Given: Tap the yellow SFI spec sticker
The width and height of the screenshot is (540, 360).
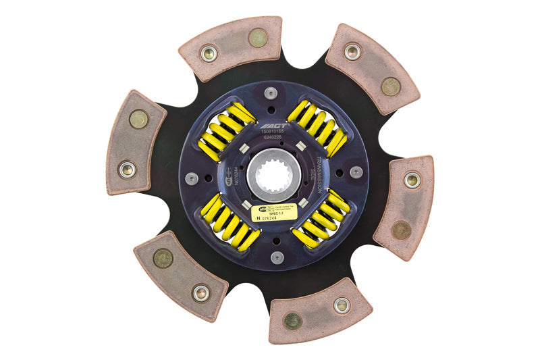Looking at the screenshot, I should (274, 213).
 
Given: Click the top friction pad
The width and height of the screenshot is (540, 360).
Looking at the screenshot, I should (230, 47).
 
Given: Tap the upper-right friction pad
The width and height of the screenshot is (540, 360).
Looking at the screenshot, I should (372, 68).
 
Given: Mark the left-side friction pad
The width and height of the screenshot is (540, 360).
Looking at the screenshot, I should (135, 143).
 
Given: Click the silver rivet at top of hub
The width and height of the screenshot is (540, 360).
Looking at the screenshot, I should (271, 93).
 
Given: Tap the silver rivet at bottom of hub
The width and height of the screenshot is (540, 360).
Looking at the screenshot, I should (277, 257).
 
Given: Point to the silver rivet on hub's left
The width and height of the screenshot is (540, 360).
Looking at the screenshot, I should (192, 178).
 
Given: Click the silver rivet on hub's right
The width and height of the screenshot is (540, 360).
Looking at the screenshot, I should (356, 172).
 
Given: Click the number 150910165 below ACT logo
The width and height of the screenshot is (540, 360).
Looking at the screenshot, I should (273, 133).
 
